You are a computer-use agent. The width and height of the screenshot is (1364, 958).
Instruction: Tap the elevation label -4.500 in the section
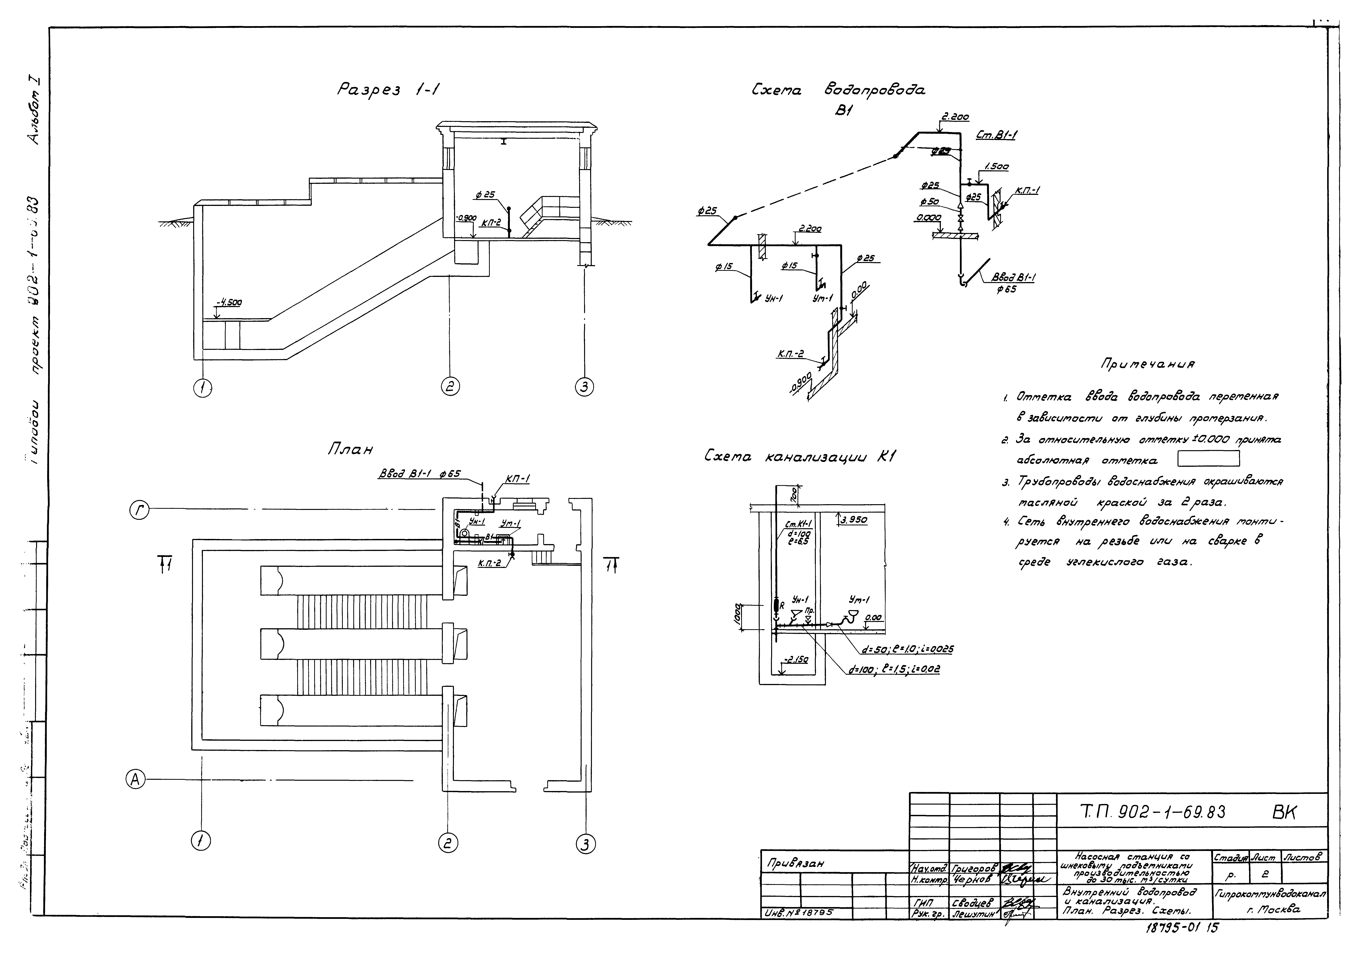pos(229,302)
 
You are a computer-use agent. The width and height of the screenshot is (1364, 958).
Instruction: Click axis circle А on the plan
pos(136,779)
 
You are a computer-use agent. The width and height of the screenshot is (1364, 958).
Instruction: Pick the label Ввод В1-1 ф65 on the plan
pos(419,475)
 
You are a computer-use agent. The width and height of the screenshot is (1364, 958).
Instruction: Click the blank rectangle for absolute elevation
pos(1208,459)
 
